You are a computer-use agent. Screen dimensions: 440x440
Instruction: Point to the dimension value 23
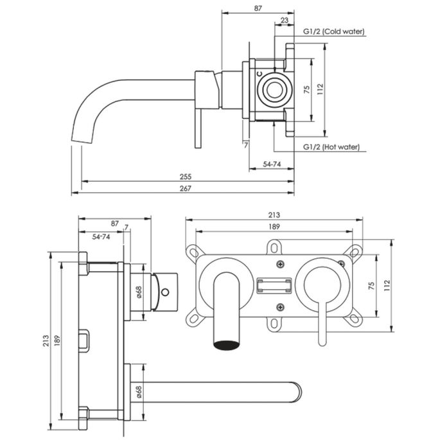[x=284, y=21]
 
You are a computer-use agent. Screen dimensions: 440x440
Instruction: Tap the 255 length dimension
[x=186, y=177]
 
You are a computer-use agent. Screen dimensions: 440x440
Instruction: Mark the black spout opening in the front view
[x=227, y=345]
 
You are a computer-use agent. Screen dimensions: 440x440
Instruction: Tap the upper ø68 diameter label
[x=138, y=292]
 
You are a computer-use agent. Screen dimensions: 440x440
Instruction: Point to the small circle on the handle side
[x=165, y=292]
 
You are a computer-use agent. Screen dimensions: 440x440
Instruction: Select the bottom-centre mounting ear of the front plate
[x=275, y=324]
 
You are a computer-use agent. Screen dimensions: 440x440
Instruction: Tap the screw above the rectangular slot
[x=279, y=264]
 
